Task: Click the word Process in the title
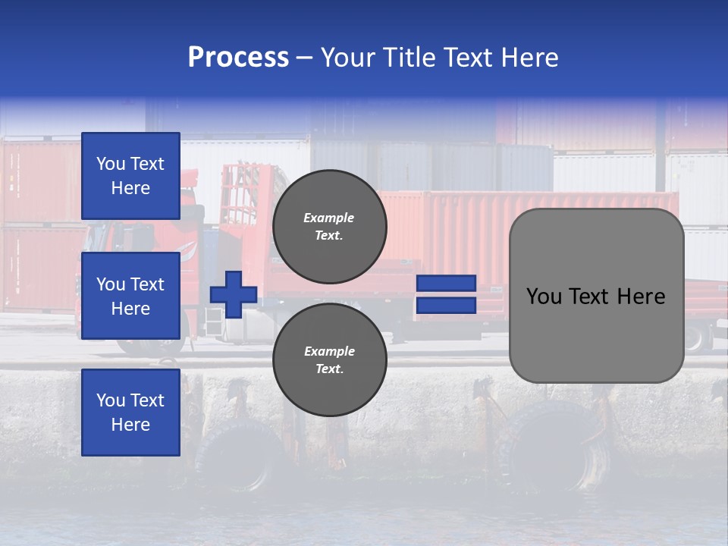238,58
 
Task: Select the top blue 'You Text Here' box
130,176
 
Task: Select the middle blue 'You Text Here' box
130,296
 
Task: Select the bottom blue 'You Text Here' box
130,413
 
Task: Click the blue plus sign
234,294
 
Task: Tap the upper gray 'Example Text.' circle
330,227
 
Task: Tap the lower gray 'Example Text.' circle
330,360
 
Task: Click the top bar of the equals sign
446,284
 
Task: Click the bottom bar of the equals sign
446,306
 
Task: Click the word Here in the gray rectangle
641,297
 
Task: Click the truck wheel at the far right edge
695,337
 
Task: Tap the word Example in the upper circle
328,218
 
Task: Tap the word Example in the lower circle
328,351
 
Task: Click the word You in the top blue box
111,164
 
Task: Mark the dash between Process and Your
305,58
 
